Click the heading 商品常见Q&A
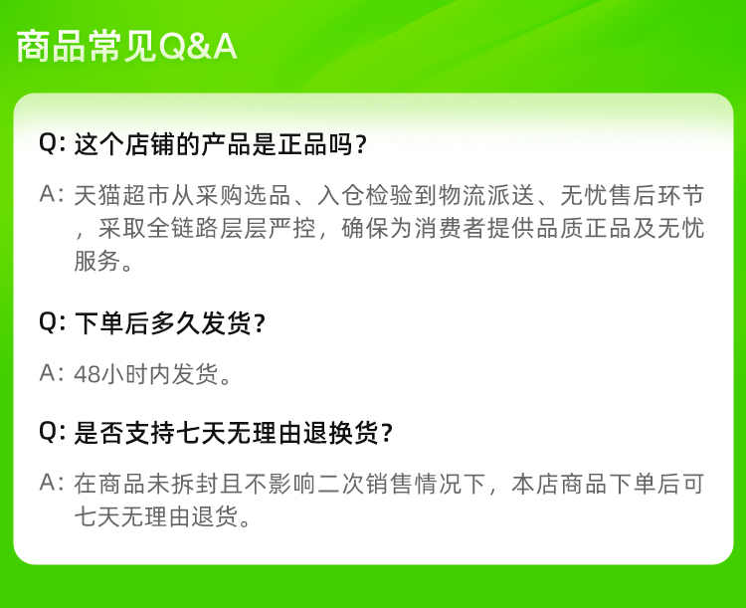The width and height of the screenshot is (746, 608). coord(126,46)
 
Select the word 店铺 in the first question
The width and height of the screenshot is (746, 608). coord(150,144)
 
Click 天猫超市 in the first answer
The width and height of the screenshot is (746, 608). coord(122,195)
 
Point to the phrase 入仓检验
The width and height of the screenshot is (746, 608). coord(365,195)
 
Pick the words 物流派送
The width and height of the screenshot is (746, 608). coord(486,195)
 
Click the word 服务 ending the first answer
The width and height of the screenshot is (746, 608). coord(97,261)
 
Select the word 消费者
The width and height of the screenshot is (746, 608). coord(450,228)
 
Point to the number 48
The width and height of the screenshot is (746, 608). coord(88,375)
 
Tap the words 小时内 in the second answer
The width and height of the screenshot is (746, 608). coord(135,374)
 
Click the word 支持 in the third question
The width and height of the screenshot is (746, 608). coord(150,433)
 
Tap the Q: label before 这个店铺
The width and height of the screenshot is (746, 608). coord(52,143)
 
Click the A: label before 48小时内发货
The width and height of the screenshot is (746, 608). coord(52,373)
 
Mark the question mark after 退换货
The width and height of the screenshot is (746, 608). coord(387,433)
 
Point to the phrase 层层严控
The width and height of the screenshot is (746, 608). coord(268,228)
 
